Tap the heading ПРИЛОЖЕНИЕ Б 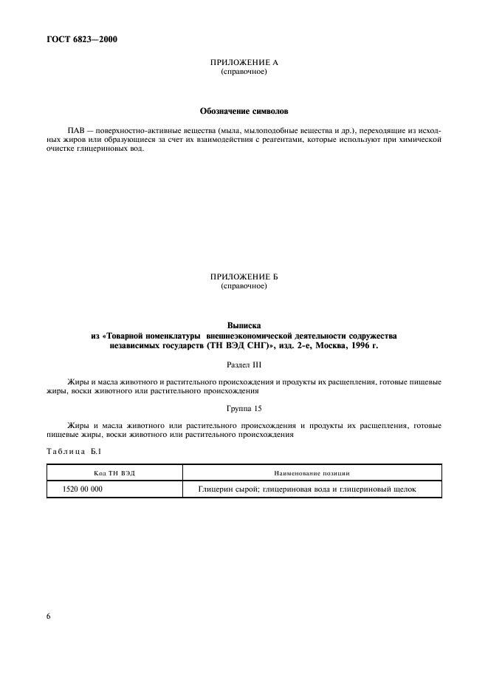[244, 277]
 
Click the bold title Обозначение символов [244, 110]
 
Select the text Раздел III [244, 364]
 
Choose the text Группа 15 [244, 408]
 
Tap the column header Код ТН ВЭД [114, 472]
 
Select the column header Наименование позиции [312, 472]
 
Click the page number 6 [48, 615]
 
